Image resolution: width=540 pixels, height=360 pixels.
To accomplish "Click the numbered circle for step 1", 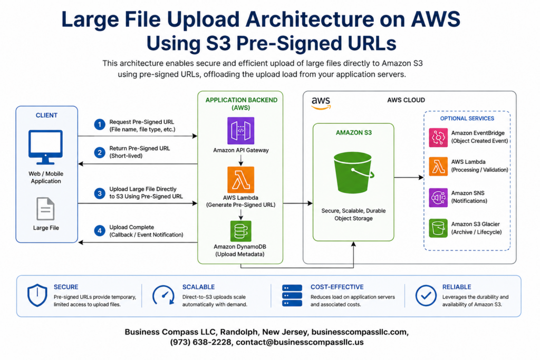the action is [100, 124].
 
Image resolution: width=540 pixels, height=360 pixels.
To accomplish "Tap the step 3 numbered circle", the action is [100, 193].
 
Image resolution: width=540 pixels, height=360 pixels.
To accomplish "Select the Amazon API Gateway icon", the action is [240, 131].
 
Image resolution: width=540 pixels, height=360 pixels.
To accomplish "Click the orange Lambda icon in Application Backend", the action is [240, 180].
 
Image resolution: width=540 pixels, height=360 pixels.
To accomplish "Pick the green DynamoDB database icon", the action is [240, 231].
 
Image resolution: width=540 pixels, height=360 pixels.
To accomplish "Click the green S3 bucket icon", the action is [353, 172].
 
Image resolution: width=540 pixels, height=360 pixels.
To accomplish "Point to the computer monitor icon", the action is [45, 147].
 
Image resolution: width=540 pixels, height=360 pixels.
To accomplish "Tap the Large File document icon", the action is [45, 209].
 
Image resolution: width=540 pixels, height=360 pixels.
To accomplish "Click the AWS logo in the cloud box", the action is [321, 103].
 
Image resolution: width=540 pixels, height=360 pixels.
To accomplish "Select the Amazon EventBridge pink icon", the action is [438, 138].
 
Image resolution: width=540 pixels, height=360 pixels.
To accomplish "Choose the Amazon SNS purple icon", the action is [438, 198].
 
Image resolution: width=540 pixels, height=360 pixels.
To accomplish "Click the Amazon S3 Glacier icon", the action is [438, 228].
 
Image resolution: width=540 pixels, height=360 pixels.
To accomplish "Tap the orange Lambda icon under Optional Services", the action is [438, 167].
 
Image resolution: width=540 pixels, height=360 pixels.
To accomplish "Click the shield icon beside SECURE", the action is [37, 295].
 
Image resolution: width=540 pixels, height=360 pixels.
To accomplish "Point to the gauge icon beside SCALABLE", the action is [163, 295].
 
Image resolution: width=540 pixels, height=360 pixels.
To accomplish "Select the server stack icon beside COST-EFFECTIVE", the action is [292, 295].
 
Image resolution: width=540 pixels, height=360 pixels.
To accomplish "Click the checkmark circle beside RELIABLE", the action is [426, 295].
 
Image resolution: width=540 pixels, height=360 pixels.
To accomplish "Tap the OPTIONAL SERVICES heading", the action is [467, 119].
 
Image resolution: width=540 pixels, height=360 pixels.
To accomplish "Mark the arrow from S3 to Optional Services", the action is [409, 178].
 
